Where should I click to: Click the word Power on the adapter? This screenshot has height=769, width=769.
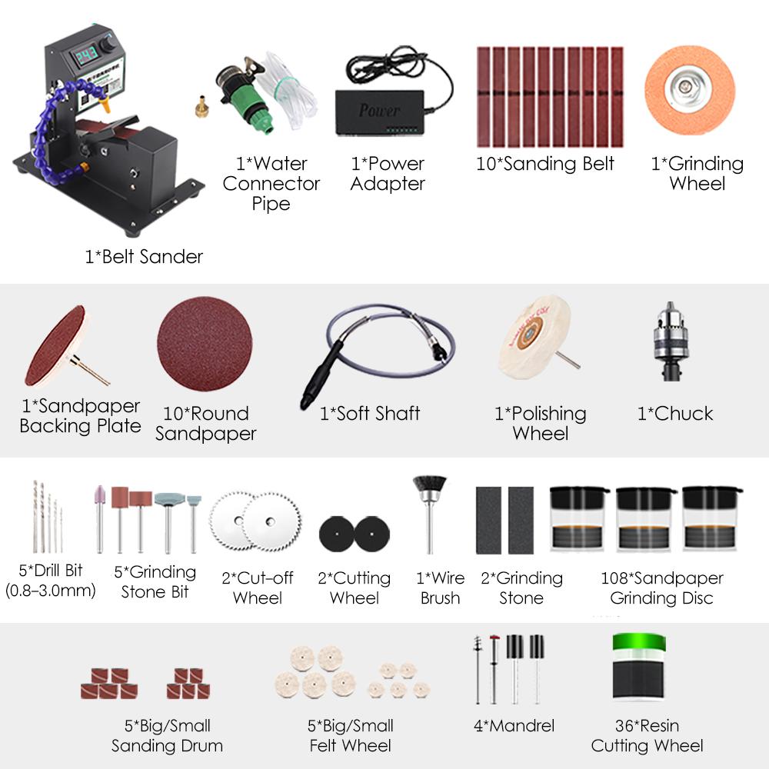tap(379, 110)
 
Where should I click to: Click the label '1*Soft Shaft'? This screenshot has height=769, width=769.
tap(370, 414)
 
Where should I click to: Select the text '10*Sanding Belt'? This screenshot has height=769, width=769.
tap(545, 164)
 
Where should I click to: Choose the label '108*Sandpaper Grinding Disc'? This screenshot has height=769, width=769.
tap(661, 588)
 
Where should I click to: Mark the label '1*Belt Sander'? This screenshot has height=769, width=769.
tap(144, 257)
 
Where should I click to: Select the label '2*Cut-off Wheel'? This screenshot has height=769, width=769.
tap(258, 588)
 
